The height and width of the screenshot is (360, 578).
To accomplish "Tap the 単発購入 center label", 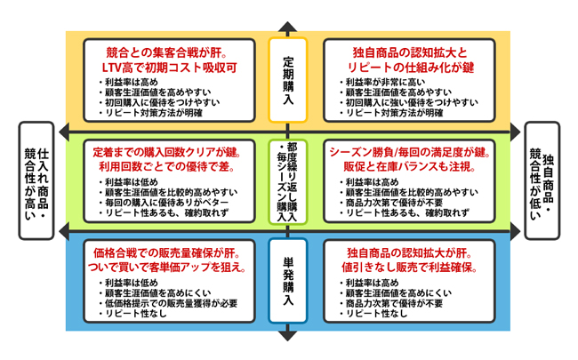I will tap(287, 277).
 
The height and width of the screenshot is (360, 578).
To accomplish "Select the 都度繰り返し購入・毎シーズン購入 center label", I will tap(287, 179).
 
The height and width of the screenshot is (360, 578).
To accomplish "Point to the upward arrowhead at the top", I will tap(286, 27).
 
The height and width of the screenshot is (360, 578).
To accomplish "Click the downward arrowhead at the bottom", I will tap(286, 335).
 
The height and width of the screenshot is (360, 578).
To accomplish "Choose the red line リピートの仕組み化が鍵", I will tap(408, 67).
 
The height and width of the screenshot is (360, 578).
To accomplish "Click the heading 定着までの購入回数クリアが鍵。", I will tap(168, 152).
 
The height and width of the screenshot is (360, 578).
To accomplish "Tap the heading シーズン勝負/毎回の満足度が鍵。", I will tap(409, 152).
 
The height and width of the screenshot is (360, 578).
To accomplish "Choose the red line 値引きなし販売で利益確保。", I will tap(408, 268).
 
